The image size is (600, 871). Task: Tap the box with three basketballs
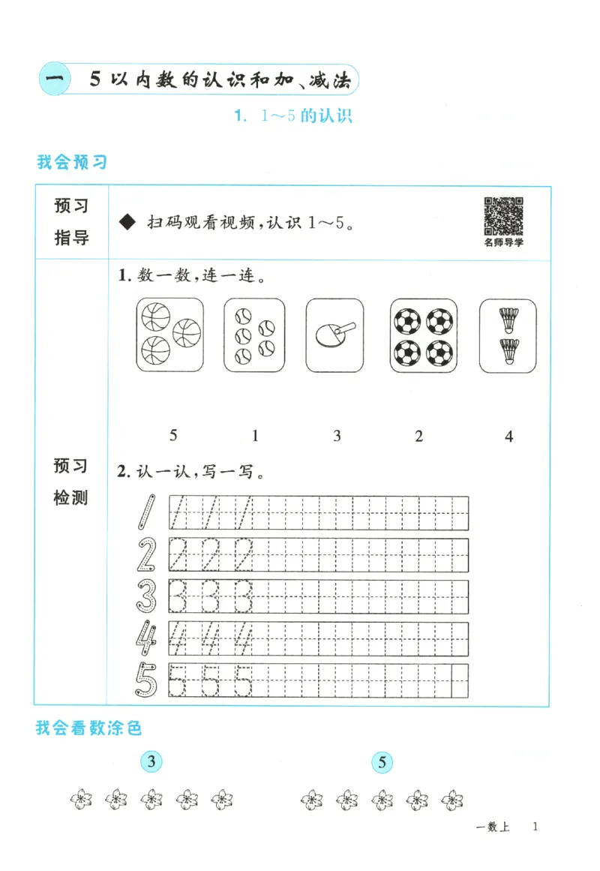[171, 334]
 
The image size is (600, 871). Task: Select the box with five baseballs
[254, 334]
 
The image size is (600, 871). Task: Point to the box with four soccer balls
[423, 334]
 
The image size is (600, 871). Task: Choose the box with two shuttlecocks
[508, 334]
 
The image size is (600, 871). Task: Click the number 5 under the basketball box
[173, 435]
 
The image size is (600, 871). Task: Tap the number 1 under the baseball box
[255, 435]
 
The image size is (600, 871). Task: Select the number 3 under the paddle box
[337, 435]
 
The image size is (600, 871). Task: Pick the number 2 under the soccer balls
[419, 435]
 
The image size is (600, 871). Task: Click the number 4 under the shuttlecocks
[509, 435]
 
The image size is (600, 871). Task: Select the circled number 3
[152, 763]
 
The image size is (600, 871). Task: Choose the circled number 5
[382, 764]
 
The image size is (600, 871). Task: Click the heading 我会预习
[71, 161]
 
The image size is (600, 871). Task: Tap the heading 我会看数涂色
[88, 727]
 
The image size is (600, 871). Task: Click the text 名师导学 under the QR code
[503, 242]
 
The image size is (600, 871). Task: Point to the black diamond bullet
[127, 223]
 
